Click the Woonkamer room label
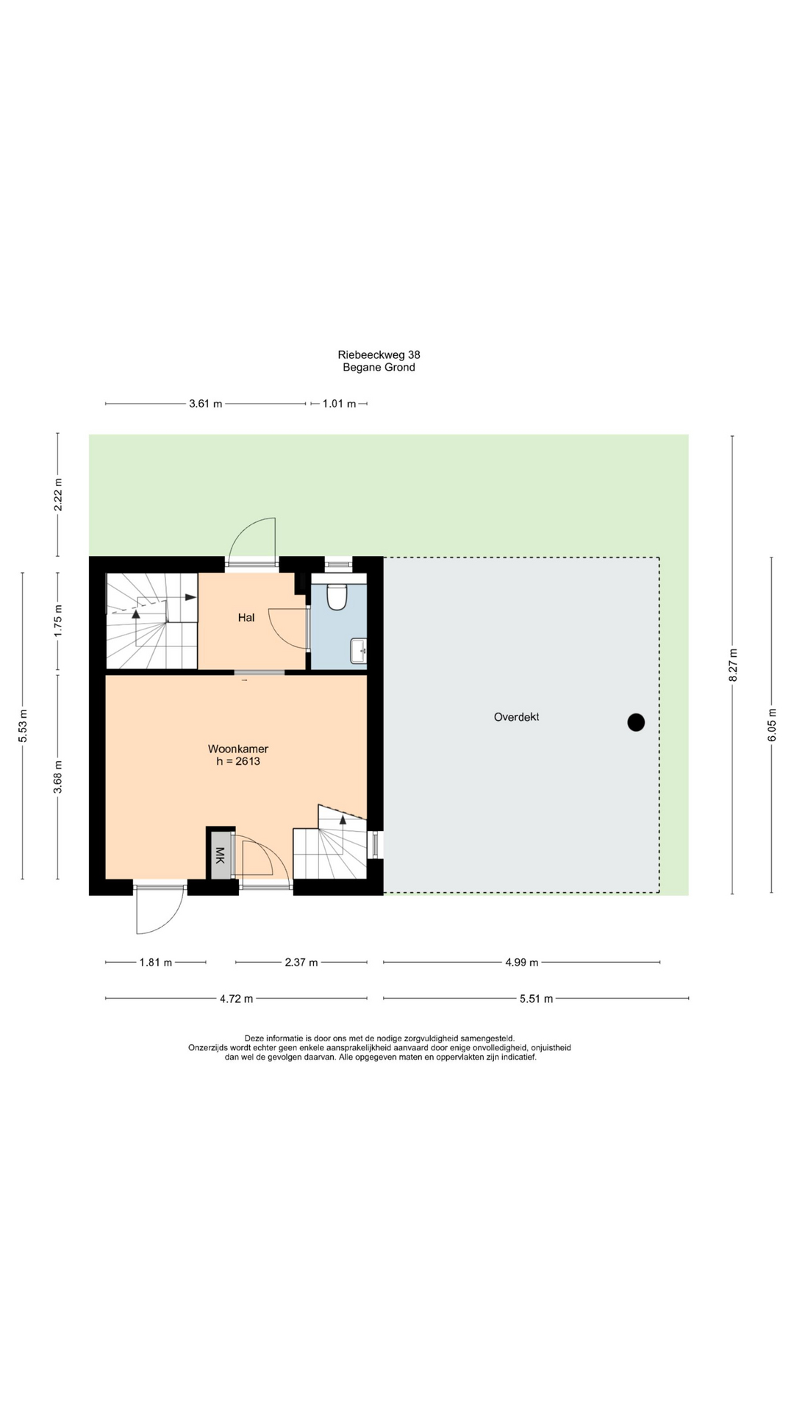pos(238,749)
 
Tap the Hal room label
pos(246,618)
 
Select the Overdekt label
pos(516,717)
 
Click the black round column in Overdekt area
pos(636,723)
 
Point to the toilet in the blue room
pos(337,596)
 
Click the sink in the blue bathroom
pos(359,651)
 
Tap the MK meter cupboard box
pos(220,855)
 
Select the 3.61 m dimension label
pos(206,404)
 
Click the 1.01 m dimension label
pos(339,404)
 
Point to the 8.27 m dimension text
pos(733,665)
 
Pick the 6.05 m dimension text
pos(772,725)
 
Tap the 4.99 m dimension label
pos(522,962)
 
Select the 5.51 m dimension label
pos(536,999)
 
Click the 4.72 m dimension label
pos(236,999)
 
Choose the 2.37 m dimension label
pos(301,962)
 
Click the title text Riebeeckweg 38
pos(379,354)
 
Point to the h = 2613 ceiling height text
pos(238,761)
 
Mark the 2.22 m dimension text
pos(58,494)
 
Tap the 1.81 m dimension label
pos(156,962)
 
